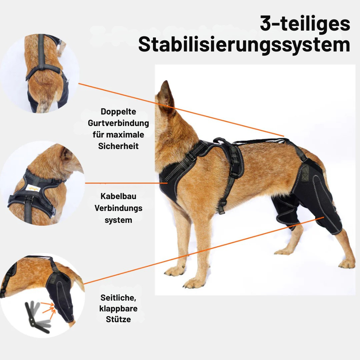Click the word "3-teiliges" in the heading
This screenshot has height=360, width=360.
[305, 24]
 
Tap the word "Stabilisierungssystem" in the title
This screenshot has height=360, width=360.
[244, 45]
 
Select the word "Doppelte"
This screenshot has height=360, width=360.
[118, 112]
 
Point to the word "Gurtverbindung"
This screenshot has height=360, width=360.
[118, 123]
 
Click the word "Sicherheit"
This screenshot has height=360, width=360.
[118, 146]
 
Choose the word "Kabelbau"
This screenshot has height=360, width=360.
[118, 196]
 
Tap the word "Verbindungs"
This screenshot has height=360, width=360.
[118, 208]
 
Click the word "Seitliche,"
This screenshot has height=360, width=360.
[118, 298]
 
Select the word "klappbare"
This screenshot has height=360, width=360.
[118, 309]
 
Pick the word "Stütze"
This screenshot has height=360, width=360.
[118, 319]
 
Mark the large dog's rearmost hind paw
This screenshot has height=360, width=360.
[347, 264]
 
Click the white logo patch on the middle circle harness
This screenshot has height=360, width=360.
[33, 189]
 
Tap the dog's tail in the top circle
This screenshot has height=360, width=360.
[43, 104]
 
